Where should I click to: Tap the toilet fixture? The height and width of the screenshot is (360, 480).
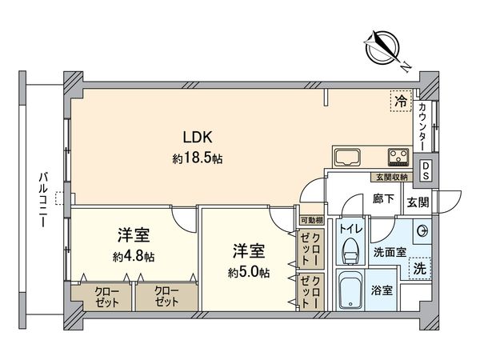tap(349, 250)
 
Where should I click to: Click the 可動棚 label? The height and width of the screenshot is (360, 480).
tap(310, 220)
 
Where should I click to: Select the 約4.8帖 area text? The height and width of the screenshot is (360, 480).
tap(134, 258)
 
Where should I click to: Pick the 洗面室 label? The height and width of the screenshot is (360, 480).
tap(390, 252)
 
